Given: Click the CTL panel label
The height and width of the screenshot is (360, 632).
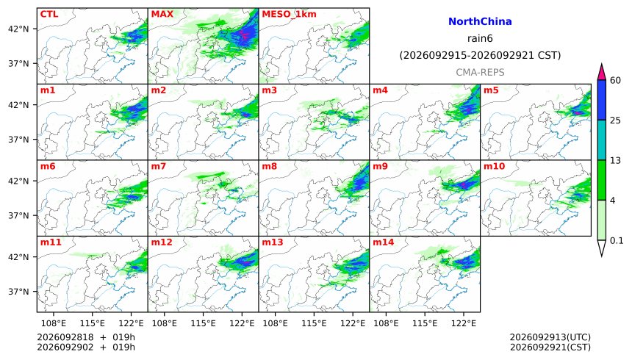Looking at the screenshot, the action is (49, 14).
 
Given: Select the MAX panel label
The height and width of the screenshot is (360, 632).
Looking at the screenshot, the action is (162, 14).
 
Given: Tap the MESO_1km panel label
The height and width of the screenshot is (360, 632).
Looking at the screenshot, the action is (289, 15).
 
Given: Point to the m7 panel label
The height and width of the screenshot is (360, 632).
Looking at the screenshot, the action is (159, 166).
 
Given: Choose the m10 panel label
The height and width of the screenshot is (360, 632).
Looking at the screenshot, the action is (494, 166).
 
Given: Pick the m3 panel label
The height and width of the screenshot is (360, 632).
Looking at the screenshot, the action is (269, 90).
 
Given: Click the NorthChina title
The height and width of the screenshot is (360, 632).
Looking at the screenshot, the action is (480, 21).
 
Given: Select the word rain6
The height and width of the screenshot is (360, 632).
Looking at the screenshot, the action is (480, 38).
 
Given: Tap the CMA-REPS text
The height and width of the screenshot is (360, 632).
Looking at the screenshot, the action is (480, 72).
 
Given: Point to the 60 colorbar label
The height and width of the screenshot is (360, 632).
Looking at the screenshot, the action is (615, 80).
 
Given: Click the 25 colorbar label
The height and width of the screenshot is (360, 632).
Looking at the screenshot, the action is (615, 120).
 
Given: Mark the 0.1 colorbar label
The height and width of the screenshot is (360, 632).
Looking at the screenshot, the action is (617, 241).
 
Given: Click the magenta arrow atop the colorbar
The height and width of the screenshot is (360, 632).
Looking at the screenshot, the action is (602, 72).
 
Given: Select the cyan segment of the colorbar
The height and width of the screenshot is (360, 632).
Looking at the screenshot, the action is (602, 140).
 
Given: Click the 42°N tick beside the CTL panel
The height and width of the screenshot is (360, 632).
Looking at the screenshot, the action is (18, 29).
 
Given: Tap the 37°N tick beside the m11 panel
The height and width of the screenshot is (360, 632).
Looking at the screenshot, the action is (18, 292).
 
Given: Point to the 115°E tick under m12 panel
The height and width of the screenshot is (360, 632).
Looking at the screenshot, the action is (204, 323).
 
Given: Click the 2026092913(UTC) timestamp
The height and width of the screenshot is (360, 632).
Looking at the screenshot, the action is (550, 337).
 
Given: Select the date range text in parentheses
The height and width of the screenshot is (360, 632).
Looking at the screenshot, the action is (480, 55).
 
